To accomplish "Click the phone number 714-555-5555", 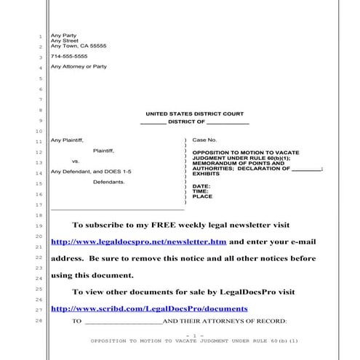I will coord(68,56).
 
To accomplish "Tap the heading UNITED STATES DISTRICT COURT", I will coord(194,114).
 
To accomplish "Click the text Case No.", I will coord(204,139).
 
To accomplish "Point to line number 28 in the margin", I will coord(39,321).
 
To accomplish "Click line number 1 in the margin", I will coord(39,35).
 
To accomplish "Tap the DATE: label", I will coord(201,186).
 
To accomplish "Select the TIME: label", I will coord(201,191).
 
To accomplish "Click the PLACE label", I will coord(202,196).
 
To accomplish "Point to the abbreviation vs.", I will coord(76,161).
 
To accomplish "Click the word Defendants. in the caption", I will coord(108,182).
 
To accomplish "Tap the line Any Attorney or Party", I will coord(79,67).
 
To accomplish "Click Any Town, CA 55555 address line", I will coord(78,46).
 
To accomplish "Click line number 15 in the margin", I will coord(39,183).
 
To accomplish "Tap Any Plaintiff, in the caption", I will coord(67,139).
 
